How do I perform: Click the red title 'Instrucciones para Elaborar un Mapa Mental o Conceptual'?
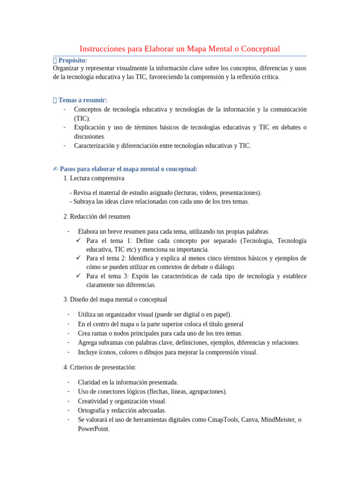(180, 49)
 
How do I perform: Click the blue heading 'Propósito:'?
(73, 60)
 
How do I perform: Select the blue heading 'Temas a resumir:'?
(83, 100)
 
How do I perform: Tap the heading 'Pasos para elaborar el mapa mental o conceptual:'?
(129, 169)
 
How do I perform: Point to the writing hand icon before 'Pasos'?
(56, 169)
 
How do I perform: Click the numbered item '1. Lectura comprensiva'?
(94, 178)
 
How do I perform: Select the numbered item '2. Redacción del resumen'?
(97, 217)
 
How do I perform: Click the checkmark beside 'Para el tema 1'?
(79, 240)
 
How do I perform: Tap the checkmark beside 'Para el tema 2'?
(79, 258)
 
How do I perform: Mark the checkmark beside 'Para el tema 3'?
(79, 276)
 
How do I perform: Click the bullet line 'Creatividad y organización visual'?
(122, 401)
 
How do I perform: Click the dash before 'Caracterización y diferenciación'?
(64, 145)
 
